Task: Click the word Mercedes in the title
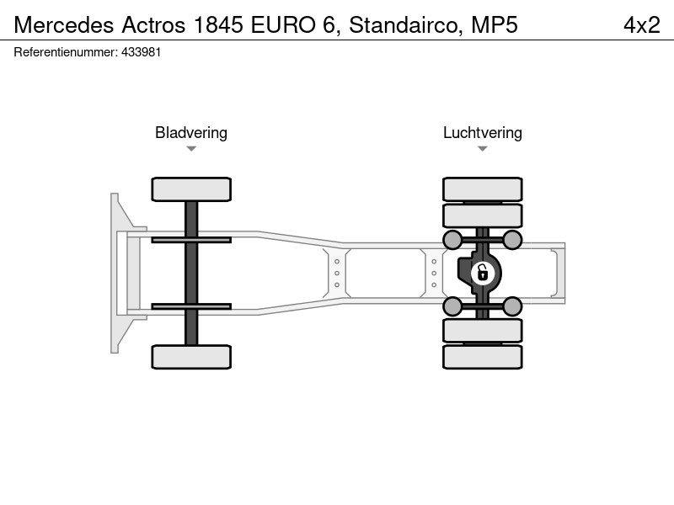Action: (x=64, y=24)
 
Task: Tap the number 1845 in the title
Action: (x=218, y=24)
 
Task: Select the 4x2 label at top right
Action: (x=642, y=25)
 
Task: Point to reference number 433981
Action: (x=141, y=52)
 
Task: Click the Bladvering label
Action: (x=191, y=133)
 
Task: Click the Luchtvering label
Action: (x=483, y=133)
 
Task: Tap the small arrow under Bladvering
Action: (x=191, y=149)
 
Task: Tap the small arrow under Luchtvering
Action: (x=483, y=149)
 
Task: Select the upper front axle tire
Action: (x=191, y=189)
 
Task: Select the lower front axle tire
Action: (x=191, y=357)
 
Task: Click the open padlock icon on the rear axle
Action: (x=483, y=273)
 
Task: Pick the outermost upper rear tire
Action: (x=483, y=189)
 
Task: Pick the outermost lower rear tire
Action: (x=483, y=357)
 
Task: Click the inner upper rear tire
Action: (x=483, y=215)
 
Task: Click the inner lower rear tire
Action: (x=483, y=331)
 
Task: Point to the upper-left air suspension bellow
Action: (x=452, y=240)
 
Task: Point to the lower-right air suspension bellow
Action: (x=512, y=306)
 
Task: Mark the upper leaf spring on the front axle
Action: (x=191, y=240)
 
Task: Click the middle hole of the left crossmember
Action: (x=337, y=273)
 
